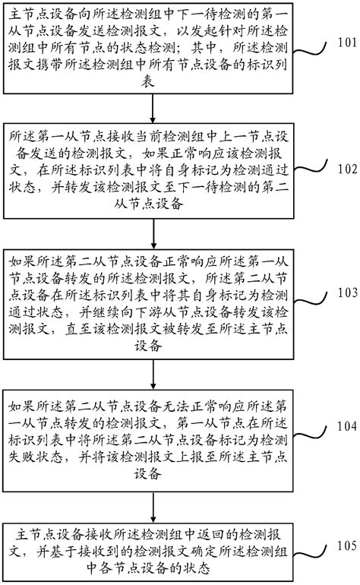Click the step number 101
click(343, 42)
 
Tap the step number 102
click(343, 169)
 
